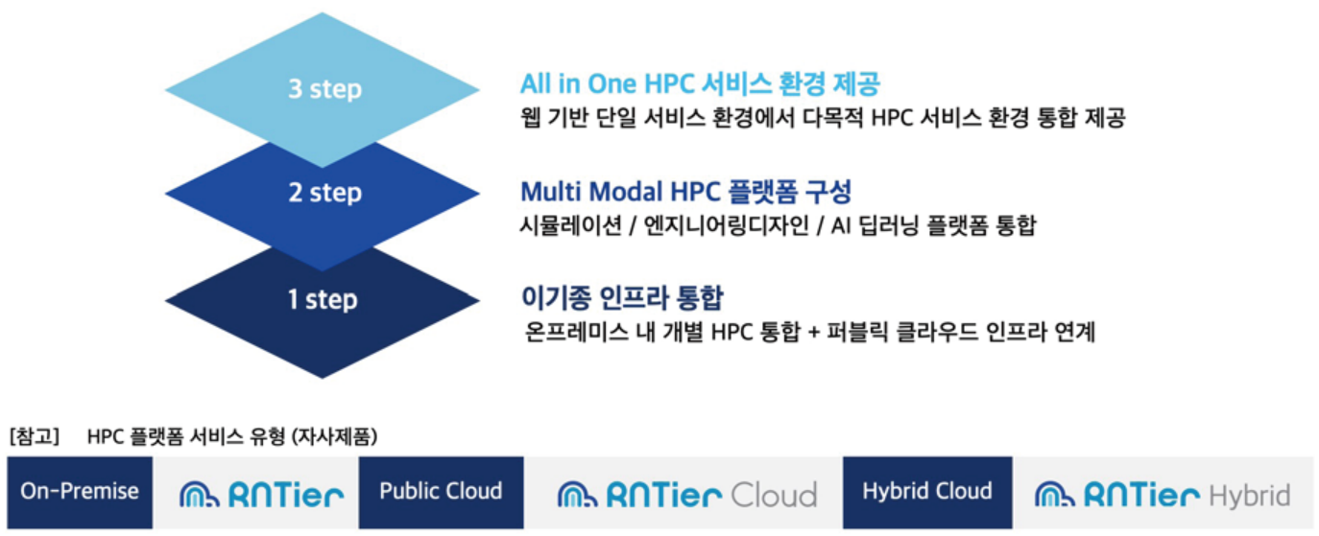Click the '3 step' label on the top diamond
click(x=324, y=89)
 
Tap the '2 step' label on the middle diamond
click(x=324, y=193)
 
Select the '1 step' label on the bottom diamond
click(x=323, y=299)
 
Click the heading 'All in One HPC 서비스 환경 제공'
click(x=700, y=83)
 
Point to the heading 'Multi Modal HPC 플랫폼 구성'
click(x=686, y=192)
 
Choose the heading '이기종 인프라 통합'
click(x=622, y=297)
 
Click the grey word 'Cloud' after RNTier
click(x=774, y=496)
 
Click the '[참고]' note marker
click(x=35, y=436)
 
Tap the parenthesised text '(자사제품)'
click(x=334, y=436)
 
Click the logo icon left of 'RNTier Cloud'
click(x=577, y=494)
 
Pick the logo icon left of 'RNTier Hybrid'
click(x=1055, y=494)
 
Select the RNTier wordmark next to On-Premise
click(x=286, y=495)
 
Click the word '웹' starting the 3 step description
click(x=530, y=117)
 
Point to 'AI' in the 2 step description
click(x=840, y=225)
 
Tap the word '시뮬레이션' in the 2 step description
click(x=570, y=225)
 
